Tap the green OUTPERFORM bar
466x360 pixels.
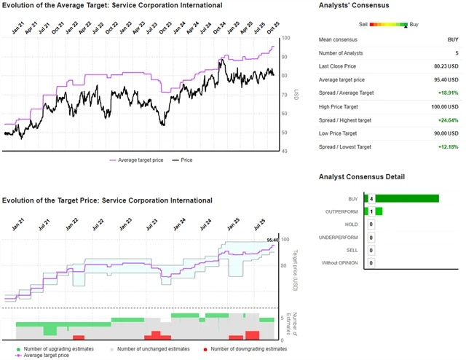(x=379, y=211)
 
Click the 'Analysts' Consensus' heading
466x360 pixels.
(x=354, y=5)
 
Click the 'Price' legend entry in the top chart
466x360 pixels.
(x=191, y=160)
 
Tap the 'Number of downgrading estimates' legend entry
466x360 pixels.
(x=249, y=349)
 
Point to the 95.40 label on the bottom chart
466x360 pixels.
(x=273, y=240)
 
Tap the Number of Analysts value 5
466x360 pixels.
(x=457, y=53)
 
